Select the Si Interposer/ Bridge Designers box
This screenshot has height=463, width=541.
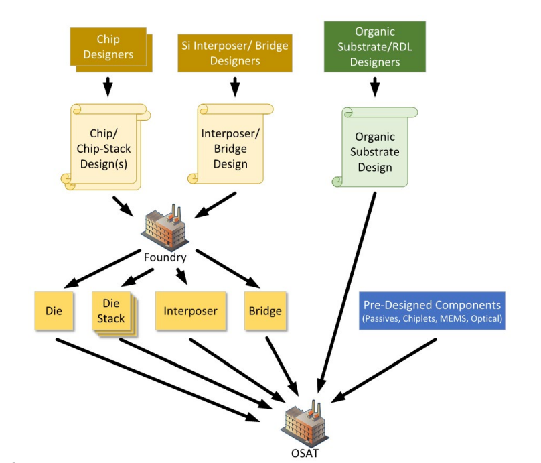[x=235, y=53]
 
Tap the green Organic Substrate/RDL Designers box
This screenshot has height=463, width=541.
[x=375, y=47]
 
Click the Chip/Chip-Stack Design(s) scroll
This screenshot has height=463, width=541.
[x=105, y=147]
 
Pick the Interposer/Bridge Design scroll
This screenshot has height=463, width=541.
[x=230, y=143]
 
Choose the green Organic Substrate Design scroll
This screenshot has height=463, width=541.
[x=375, y=147]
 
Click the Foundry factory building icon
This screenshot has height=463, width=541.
[x=165, y=226]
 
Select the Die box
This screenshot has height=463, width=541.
[x=54, y=311]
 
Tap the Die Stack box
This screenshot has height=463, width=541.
[x=113, y=314]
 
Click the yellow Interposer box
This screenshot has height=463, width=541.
[x=190, y=311]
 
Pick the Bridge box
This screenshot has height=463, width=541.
[x=265, y=311]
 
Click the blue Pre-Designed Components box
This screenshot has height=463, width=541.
[x=432, y=311]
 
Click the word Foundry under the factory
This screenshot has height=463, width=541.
[x=165, y=257]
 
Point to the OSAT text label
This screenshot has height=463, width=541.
[x=305, y=453]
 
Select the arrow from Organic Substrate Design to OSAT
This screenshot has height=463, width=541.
[x=346, y=292]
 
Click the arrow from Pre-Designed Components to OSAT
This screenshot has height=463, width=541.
[x=384, y=371]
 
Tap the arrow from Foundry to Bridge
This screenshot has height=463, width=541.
[x=228, y=268]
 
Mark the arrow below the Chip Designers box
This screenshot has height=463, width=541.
[x=108, y=86]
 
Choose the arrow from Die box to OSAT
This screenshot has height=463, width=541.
[x=157, y=380]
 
